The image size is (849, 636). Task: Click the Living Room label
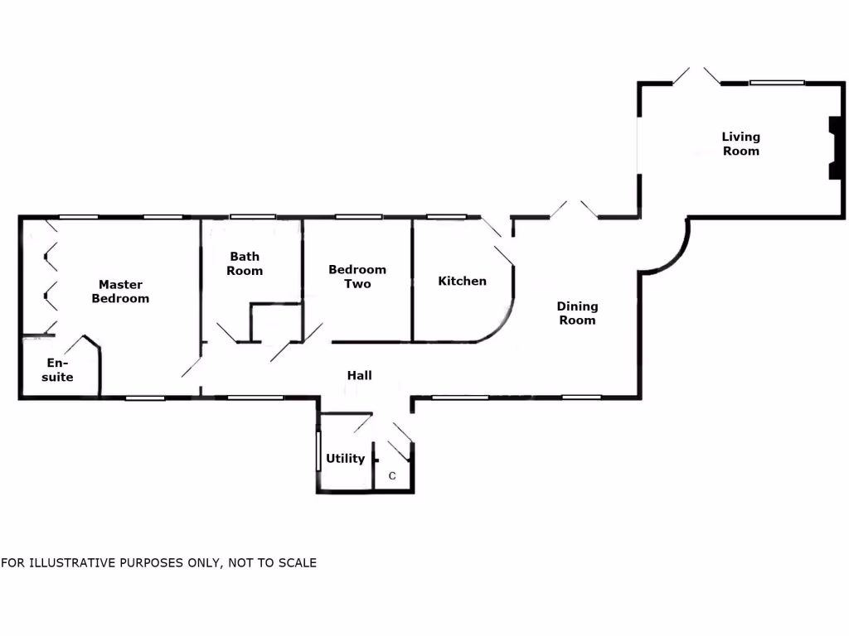coord(740,144)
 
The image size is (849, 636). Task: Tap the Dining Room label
coord(577,313)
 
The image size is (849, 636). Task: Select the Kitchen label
coord(462,281)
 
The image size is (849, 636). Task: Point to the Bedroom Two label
coord(357,277)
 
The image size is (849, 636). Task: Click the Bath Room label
coord(245,263)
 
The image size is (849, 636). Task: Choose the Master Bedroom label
coord(120,291)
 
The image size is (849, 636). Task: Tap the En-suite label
coord(57,370)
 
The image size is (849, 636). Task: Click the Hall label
coord(360,375)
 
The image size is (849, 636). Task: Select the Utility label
coord(346,459)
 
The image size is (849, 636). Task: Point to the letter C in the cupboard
coord(392,476)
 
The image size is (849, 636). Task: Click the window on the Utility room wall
coord(318,450)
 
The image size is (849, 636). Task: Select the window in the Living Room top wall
coord(777,83)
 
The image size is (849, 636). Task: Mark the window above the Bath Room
coord(253,217)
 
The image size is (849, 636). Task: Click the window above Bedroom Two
coord(358,217)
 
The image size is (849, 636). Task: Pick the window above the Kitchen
coord(446,217)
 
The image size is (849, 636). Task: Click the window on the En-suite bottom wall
coord(145,398)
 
